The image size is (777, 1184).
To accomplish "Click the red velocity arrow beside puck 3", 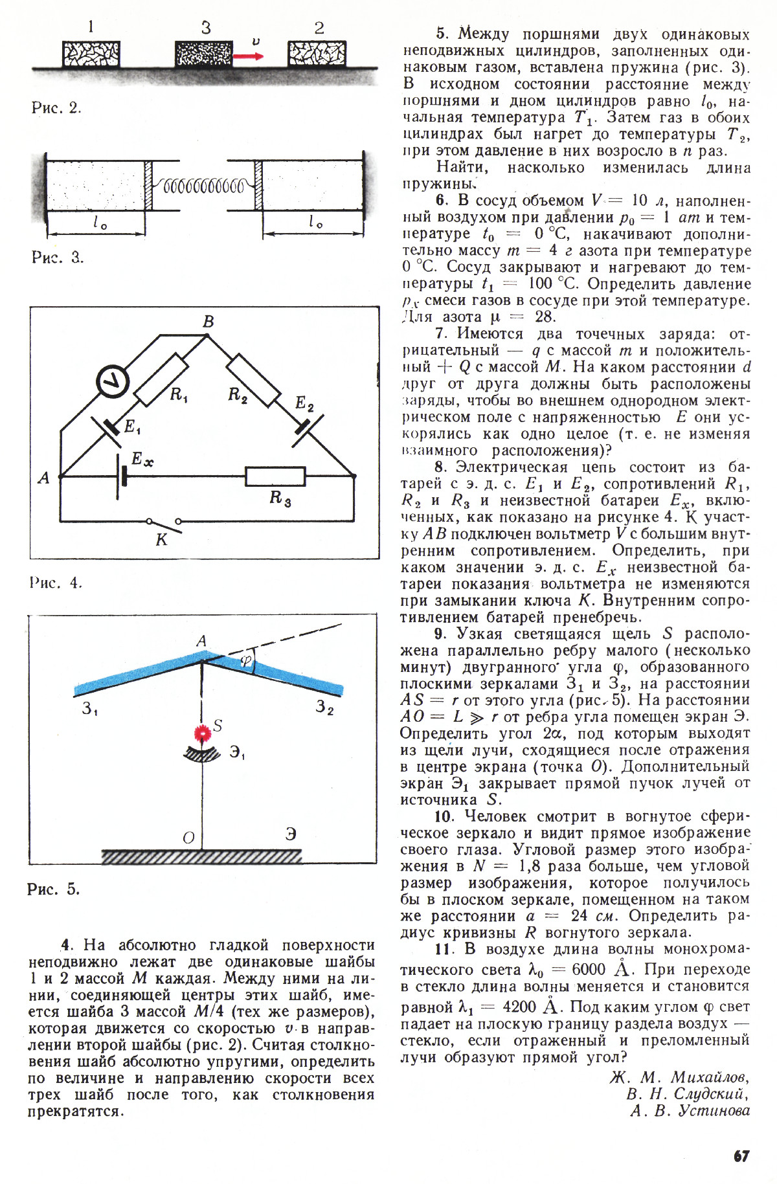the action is click(x=249, y=56).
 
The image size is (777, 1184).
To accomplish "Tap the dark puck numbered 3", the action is click(x=204, y=54).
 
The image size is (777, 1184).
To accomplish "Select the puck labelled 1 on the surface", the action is click(x=91, y=54).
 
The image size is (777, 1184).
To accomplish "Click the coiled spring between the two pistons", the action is click(x=203, y=187).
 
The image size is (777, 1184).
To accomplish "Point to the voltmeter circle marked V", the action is click(x=113, y=382).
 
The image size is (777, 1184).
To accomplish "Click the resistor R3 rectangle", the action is click(x=275, y=476).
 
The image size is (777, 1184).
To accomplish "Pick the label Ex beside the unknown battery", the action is click(x=142, y=460).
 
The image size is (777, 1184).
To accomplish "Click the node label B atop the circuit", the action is click(x=208, y=322).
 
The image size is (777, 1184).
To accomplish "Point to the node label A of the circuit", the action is click(x=44, y=478).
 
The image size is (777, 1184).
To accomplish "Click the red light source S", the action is click(x=203, y=733).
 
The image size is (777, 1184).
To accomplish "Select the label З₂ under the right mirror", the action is click(x=324, y=708).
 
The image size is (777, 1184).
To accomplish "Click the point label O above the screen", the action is click(x=188, y=838).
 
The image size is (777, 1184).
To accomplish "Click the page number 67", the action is click(x=741, y=1156).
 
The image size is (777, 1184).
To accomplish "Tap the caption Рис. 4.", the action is click(x=56, y=583).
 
